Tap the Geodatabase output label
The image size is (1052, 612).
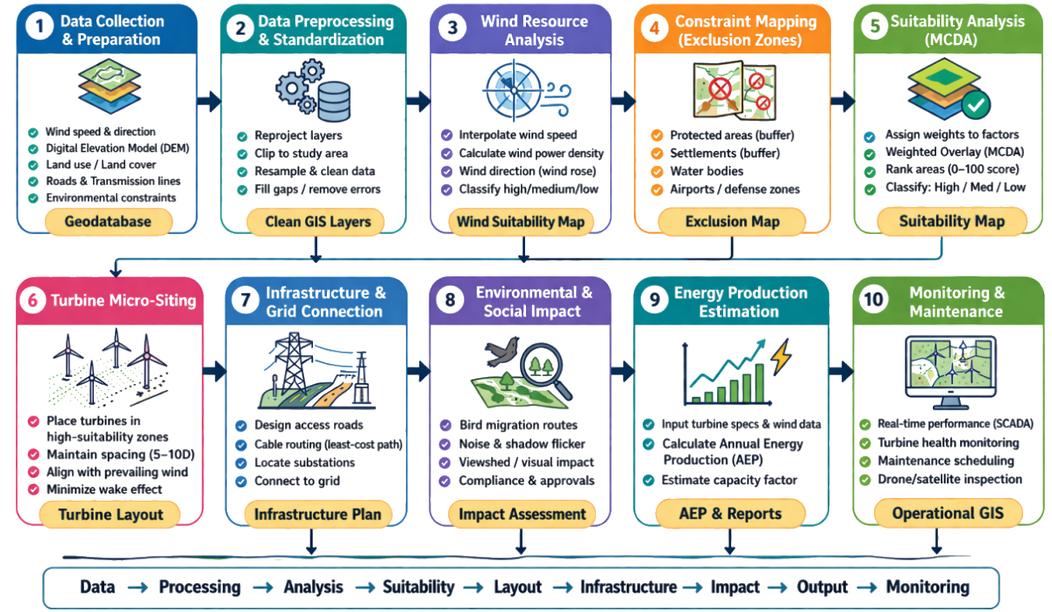(107, 222)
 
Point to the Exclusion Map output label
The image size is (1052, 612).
(733, 222)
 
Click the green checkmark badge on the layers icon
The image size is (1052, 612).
(976, 104)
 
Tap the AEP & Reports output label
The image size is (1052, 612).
(730, 514)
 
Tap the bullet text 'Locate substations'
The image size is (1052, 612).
(304, 462)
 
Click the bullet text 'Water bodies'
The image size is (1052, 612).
(707, 171)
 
